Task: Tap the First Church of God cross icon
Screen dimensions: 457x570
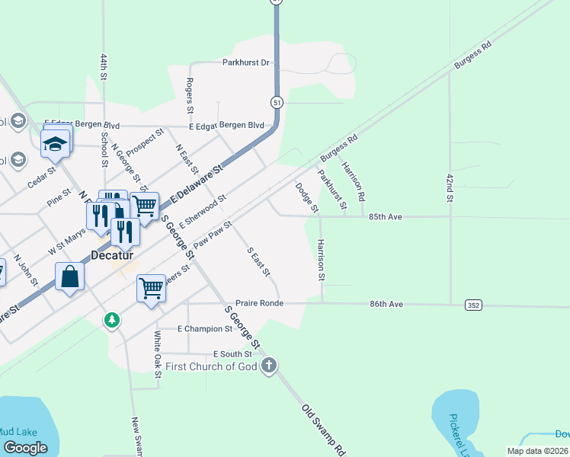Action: (x=268, y=367)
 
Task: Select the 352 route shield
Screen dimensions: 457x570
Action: (x=474, y=305)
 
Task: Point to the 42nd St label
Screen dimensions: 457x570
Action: (x=450, y=187)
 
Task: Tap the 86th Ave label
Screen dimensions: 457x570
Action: (x=386, y=303)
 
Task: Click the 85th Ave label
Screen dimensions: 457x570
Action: (x=385, y=216)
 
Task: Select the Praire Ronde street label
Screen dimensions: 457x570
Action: (x=259, y=303)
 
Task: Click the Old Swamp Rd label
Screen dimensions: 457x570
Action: (x=324, y=430)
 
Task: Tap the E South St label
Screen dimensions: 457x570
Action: (x=232, y=354)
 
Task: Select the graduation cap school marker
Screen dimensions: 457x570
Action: (x=56, y=142)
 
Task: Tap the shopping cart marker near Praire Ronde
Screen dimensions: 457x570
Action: (x=152, y=289)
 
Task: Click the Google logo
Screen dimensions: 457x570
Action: (x=25, y=448)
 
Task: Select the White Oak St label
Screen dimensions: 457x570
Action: (x=158, y=354)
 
